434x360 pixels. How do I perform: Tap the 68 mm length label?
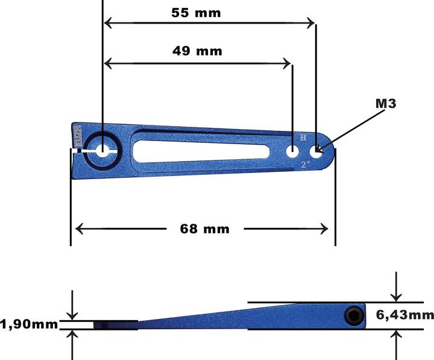click(x=204, y=229)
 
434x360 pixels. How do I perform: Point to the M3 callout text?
click(x=386, y=104)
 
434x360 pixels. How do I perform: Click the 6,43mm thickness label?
click(x=404, y=315)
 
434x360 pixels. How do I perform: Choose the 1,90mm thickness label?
click(x=30, y=324)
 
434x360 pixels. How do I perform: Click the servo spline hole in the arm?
click(x=102, y=151)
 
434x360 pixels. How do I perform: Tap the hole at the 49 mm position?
click(x=292, y=151)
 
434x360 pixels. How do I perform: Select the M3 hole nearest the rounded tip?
click(x=316, y=151)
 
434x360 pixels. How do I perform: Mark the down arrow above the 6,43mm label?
click(x=396, y=295)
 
